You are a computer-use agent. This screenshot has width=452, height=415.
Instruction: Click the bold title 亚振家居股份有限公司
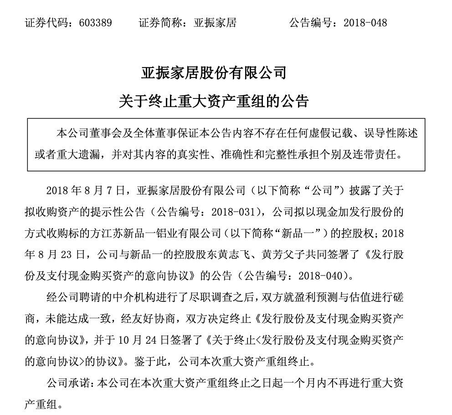coord(214,73)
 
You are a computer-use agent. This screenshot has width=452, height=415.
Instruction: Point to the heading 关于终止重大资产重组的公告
coord(214,100)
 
